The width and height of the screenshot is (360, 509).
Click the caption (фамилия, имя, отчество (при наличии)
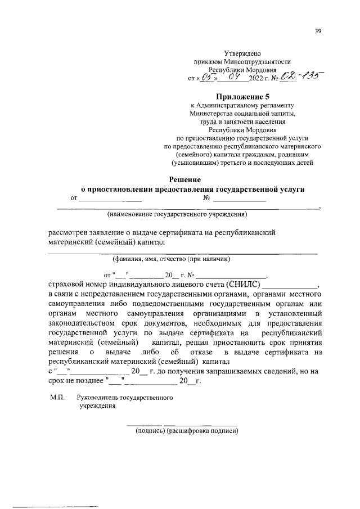[x=172, y=259]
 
